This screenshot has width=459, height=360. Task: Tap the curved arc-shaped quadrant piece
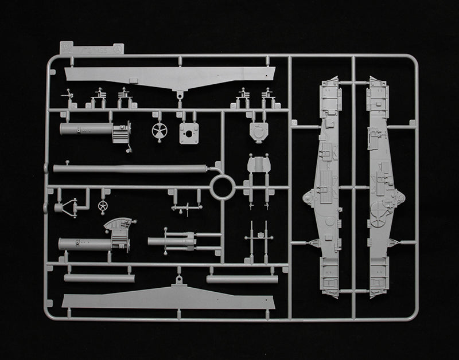118,222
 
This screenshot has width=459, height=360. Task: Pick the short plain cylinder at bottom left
99,278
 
